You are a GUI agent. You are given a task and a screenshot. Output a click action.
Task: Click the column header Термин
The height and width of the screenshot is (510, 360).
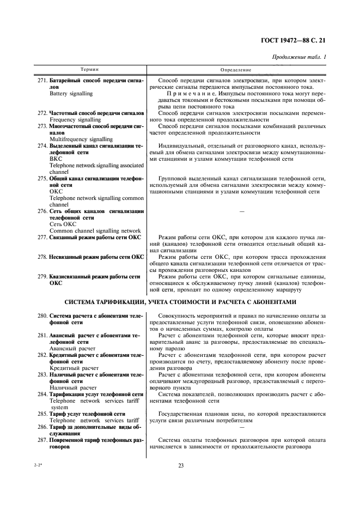click(90, 70)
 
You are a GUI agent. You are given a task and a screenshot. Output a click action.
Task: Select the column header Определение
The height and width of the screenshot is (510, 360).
click(235, 70)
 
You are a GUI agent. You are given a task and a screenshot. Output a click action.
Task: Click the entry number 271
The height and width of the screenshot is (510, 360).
click(42, 80)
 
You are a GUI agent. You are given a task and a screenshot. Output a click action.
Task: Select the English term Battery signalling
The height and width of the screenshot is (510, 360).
click(71, 94)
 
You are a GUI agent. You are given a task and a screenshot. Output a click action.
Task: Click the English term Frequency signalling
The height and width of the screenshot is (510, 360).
click(75, 119)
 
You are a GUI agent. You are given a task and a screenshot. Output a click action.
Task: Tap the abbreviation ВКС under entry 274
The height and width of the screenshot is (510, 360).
click(56, 159)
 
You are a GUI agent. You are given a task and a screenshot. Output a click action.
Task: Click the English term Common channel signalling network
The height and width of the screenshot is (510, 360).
click(95, 230)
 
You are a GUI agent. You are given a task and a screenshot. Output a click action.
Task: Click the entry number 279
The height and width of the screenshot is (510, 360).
click(42, 277)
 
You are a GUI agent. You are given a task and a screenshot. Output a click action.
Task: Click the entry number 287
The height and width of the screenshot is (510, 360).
click(42, 440)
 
